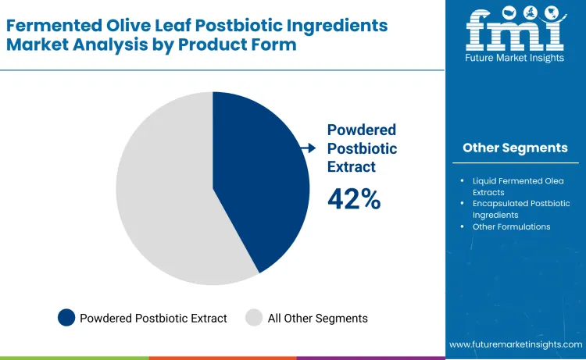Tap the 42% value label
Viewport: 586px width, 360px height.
354,200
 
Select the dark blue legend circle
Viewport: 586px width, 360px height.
67,318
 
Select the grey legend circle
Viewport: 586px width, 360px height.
254,318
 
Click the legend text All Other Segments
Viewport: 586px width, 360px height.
317,318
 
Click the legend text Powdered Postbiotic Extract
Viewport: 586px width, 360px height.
153,318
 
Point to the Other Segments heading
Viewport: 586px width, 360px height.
515,148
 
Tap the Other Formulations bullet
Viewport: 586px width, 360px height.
511,226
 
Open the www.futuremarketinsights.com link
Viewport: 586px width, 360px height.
515,344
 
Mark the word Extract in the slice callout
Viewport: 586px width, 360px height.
352,166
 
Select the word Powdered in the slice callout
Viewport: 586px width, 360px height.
362,130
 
